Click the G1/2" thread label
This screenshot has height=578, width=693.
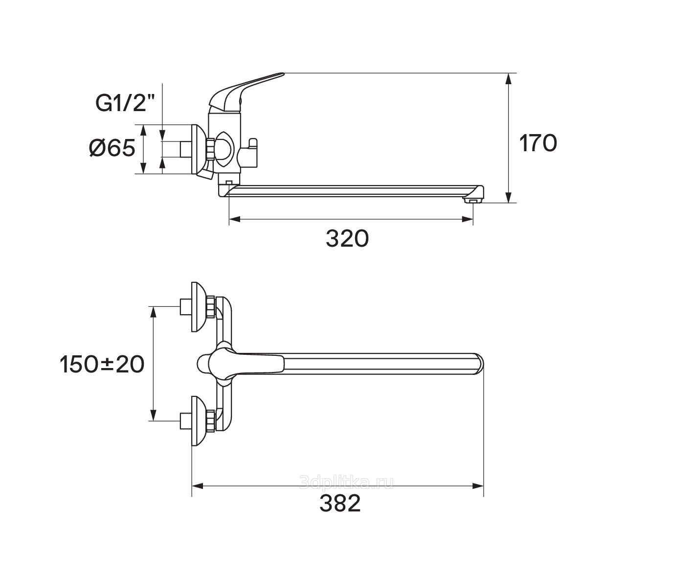coord(125,103)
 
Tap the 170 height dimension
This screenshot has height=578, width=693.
coord(538,143)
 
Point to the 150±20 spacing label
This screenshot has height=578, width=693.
coord(102,364)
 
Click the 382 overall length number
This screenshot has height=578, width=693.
coord(340,504)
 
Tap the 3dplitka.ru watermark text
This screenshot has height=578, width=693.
coord(346,483)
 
